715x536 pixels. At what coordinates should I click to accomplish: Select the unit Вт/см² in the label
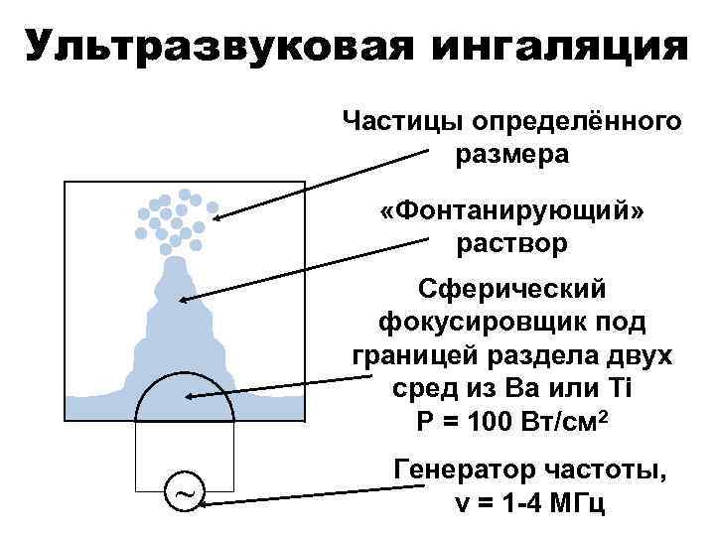563,419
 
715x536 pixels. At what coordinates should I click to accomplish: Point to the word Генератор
468,468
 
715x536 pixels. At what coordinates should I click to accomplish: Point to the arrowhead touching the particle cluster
214,209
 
